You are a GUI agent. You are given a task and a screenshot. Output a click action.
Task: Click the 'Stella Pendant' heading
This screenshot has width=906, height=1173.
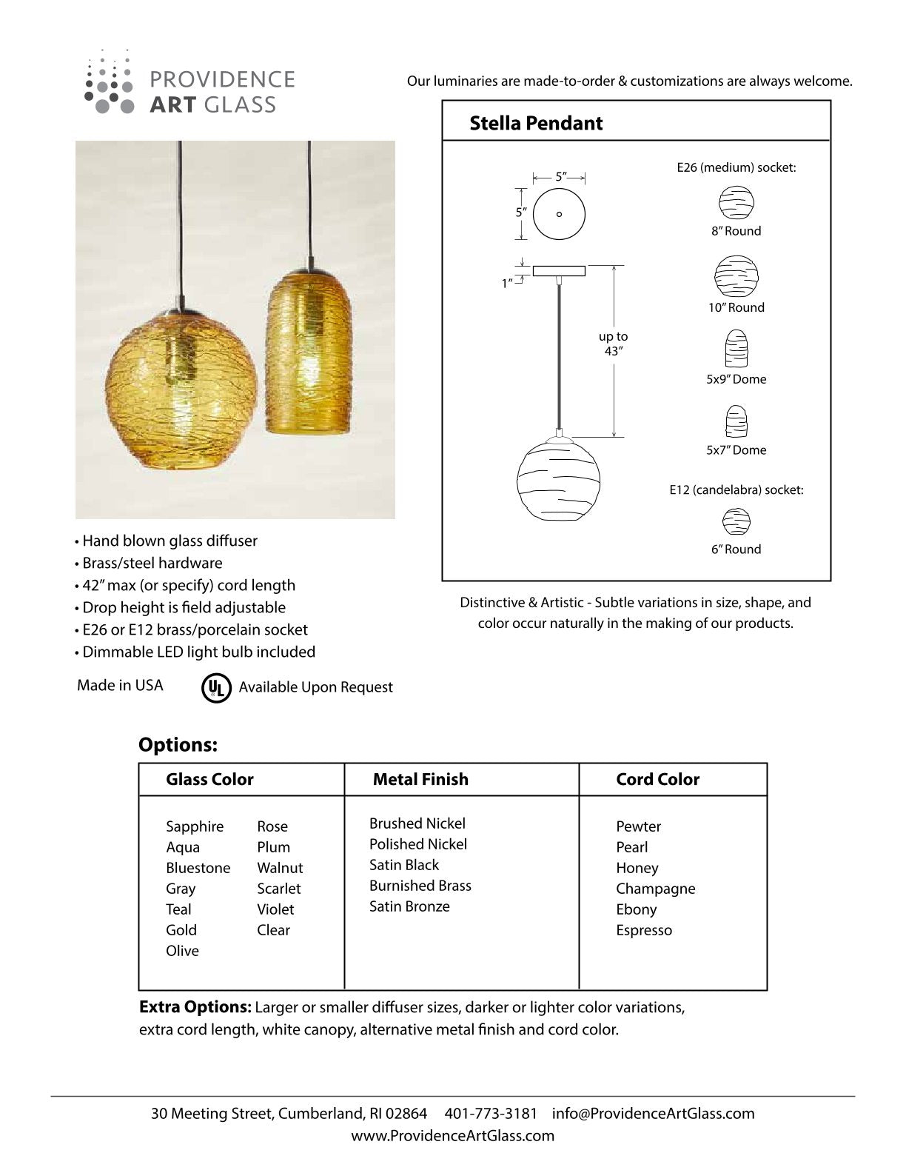[536, 123]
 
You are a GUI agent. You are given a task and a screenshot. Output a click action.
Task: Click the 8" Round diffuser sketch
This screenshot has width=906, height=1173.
[736, 202]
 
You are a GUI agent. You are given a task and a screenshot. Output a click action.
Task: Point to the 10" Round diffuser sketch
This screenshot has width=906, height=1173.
[736, 277]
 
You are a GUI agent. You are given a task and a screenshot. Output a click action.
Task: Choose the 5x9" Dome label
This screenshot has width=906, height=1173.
[736, 379]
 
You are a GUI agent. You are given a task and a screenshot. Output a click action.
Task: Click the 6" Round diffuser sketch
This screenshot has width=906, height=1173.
[736, 522]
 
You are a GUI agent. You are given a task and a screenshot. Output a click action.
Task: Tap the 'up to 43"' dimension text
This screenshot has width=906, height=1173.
[613, 344]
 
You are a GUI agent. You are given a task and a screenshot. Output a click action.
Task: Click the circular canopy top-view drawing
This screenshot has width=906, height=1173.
[559, 214]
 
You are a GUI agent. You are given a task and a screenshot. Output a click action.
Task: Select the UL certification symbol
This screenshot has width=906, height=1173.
[215, 687]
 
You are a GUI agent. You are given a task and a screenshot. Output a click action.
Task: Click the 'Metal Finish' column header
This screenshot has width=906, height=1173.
[420, 779]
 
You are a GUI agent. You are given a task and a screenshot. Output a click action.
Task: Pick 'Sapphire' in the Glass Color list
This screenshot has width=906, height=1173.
[195, 826]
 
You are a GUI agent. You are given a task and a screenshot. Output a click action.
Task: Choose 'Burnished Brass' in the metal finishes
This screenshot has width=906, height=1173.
[420, 886]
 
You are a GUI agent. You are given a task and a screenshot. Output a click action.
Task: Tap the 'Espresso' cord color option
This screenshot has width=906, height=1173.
[644, 930]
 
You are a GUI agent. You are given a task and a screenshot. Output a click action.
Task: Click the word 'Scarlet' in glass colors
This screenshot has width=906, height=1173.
[279, 889]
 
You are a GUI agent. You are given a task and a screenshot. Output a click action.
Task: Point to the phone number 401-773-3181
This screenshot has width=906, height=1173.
[491, 1113]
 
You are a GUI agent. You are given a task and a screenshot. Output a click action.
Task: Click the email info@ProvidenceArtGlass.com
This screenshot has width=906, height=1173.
[654, 1113]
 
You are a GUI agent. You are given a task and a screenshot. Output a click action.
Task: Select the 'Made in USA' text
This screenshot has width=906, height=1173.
[120, 685]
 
